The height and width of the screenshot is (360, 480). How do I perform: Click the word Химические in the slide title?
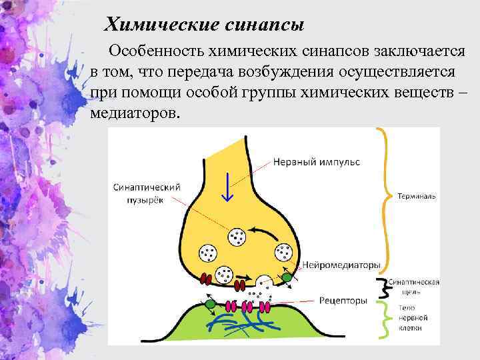click(x=157, y=25)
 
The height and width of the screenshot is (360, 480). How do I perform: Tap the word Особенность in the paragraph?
click(x=157, y=51)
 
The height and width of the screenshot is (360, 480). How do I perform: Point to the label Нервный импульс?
click(x=316, y=162)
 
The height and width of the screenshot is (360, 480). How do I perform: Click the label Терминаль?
click(x=417, y=197)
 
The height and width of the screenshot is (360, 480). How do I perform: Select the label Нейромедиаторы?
click(x=341, y=265)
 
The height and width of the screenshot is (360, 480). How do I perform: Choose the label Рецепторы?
click(x=343, y=301)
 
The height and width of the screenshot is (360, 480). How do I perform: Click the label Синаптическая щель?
click(x=414, y=287)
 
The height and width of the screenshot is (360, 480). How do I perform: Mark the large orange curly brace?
click(x=385, y=197)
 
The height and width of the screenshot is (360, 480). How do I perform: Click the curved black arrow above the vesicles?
click(x=265, y=233)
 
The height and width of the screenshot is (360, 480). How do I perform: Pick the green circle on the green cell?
click(x=210, y=304)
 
